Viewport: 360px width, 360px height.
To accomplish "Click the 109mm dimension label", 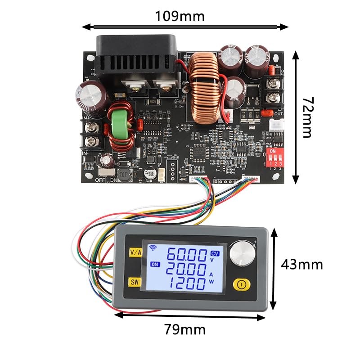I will (180, 16).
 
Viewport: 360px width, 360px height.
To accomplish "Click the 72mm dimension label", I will (307, 117).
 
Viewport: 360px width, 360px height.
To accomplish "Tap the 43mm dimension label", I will (301, 265).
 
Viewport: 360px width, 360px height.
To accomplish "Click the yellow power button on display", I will (241, 284).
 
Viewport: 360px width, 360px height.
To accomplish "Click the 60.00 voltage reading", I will (187, 256).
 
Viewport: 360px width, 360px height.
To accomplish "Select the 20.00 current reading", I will (187, 270).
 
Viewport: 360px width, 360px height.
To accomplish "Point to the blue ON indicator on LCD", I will (156, 264).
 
